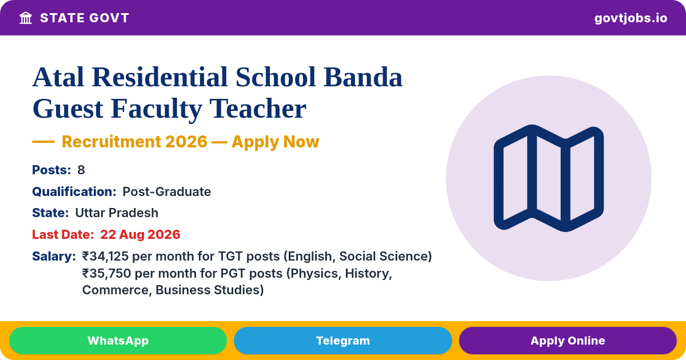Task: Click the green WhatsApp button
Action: (118, 341)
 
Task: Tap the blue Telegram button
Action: (342, 341)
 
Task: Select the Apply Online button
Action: (568, 341)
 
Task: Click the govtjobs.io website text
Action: (631, 18)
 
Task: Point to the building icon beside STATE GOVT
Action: (26, 18)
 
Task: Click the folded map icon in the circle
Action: (549, 178)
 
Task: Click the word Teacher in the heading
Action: (258, 109)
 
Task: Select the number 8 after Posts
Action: (81, 170)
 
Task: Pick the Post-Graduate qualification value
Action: (166, 191)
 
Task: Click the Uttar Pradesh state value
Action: (117, 213)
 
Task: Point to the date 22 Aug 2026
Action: (140, 234)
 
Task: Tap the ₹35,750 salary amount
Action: (106, 273)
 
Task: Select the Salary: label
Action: (54, 256)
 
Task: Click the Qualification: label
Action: (74, 191)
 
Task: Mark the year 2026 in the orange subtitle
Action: (186, 142)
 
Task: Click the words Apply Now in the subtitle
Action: (276, 142)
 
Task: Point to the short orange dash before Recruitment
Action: (43, 142)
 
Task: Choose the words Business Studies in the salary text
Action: (209, 290)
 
